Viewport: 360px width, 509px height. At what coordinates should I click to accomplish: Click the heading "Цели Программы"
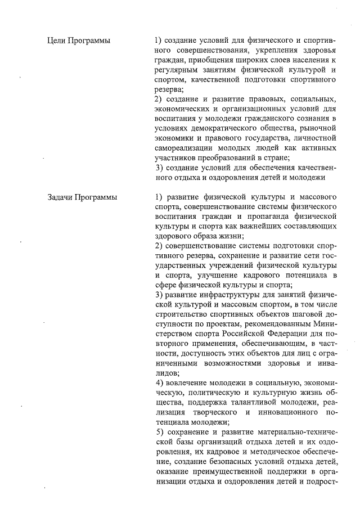pyautogui.click(x=78, y=41)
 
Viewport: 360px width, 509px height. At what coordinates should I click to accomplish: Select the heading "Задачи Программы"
pyautogui.click(x=83, y=197)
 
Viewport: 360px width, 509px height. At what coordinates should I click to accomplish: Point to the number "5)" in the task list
pyautogui.click(x=159, y=431)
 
